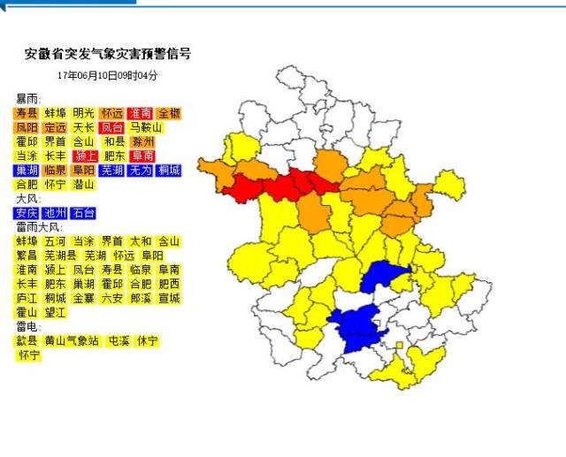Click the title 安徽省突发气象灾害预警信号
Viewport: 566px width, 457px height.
(107, 55)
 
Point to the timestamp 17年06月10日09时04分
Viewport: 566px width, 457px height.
(107, 76)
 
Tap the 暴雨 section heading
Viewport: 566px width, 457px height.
(28, 99)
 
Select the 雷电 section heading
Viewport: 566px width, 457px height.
(28, 326)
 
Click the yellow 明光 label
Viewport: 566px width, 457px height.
(83, 113)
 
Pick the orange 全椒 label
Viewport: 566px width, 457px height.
(169, 113)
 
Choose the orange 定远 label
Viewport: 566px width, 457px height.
(55, 127)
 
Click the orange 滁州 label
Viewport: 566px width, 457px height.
(142, 141)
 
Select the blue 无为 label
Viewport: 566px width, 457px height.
(141, 170)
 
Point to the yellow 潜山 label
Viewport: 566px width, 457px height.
(83, 185)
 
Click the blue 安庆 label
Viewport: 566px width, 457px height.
(26, 213)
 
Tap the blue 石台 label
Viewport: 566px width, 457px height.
(83, 213)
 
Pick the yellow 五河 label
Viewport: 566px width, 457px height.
(55, 241)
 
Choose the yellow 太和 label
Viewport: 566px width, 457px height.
(141, 241)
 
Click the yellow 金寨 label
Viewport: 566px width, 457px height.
(83, 299)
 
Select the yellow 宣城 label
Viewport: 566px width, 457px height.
(169, 299)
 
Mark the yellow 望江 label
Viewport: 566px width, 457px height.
(55, 313)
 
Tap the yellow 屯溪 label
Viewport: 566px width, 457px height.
(119, 341)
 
